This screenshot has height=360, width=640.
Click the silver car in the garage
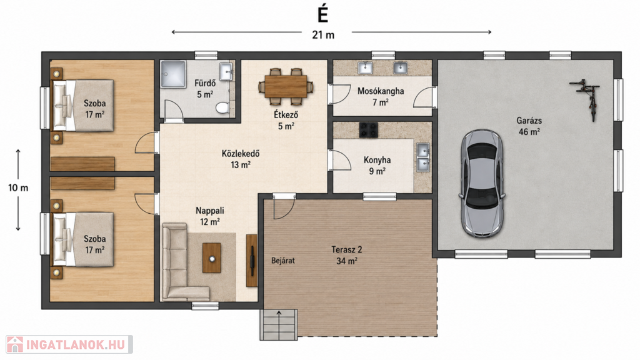[x=482, y=184]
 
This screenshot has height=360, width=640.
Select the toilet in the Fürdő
[x=222, y=107]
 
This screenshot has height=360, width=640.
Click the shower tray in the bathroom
[x=173, y=74]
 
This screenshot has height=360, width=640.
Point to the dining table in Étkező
[x=286, y=86]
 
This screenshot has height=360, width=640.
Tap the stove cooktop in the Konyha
[x=368, y=130]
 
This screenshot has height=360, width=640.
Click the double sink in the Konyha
[x=422, y=157]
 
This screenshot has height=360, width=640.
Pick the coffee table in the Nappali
[x=212, y=258]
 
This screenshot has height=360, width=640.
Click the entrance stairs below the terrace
[x=279, y=324]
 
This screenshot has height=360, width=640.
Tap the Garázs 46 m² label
[x=529, y=126]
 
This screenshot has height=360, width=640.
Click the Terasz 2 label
[x=346, y=249]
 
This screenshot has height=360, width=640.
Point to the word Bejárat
[x=283, y=261]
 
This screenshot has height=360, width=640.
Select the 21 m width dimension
[x=323, y=35]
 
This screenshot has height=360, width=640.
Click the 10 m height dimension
[x=18, y=188]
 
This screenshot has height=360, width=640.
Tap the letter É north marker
[x=323, y=15]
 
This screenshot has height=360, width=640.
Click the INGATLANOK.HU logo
[x=69, y=344]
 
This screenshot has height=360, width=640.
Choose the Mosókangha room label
[x=381, y=91]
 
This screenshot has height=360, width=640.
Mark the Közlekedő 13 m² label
[x=240, y=159]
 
